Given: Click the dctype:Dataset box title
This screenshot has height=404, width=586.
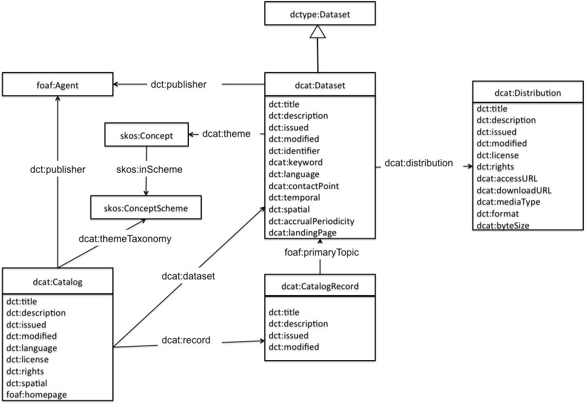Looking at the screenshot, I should (x=319, y=16).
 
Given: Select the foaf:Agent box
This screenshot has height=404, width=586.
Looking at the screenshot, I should (x=57, y=85).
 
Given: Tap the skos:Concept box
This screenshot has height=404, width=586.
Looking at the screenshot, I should (x=146, y=135).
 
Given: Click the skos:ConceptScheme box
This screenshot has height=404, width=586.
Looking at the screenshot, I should (x=145, y=207).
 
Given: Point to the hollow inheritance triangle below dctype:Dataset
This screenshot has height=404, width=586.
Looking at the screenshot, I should (x=319, y=32).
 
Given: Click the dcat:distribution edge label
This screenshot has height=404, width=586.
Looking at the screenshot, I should (x=418, y=162).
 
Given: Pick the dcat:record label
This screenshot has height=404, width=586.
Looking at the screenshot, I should (x=186, y=341).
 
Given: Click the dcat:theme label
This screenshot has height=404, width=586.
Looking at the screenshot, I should (x=226, y=133).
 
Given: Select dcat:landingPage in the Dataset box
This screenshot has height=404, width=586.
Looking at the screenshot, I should (x=302, y=233).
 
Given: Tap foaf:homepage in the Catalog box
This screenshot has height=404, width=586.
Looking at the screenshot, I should (x=36, y=395).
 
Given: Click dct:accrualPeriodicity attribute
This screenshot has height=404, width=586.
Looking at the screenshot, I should (x=311, y=221).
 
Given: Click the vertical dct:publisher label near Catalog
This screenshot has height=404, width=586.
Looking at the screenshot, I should (x=58, y=170).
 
